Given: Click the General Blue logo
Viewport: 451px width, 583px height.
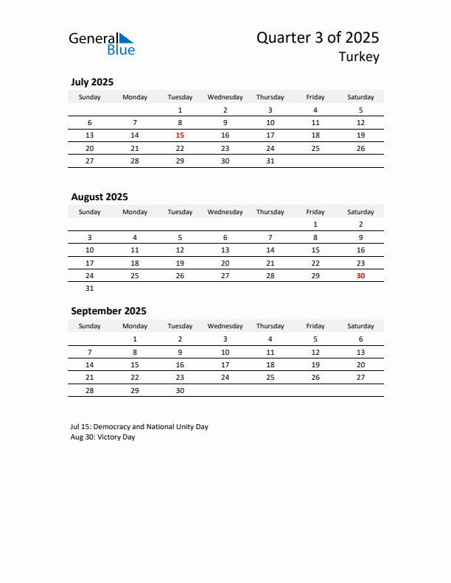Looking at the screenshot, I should pos(102,43).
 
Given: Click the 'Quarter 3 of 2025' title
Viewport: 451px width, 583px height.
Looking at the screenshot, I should pos(318,38).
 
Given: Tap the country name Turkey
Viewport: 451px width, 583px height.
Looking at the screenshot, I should pos(359,57).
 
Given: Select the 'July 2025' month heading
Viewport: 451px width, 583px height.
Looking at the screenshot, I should pos(92,82).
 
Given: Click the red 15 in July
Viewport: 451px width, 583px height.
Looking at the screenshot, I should pos(180,135).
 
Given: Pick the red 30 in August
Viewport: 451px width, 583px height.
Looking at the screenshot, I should pos(360,275).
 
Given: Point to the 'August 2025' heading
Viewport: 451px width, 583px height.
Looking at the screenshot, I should pos(99,197).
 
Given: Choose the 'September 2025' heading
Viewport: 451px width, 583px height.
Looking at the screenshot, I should pos(108,311).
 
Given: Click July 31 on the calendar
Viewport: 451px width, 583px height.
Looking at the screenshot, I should pos(270,160).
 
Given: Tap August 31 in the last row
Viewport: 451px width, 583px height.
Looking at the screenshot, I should pos(90,288).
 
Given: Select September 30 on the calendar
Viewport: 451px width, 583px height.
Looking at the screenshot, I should pos(180,390).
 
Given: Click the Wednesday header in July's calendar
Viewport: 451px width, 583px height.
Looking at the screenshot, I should pos(225,97).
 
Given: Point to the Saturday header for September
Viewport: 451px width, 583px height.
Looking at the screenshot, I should pos(360,326).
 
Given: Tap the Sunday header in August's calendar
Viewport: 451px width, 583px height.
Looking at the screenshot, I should pos(90,212).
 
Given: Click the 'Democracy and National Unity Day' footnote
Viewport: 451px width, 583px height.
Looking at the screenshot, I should pos(139,426).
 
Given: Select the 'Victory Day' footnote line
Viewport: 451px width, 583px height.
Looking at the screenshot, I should pos(103,437).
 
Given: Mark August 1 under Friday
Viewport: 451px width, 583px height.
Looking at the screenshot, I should pos(315,225).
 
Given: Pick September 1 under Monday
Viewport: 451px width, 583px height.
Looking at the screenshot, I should pos(135,339).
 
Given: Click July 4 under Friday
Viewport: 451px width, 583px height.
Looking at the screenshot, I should pos(315,110).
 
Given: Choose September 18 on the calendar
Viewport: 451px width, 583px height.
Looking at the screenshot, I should pos(270,364).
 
